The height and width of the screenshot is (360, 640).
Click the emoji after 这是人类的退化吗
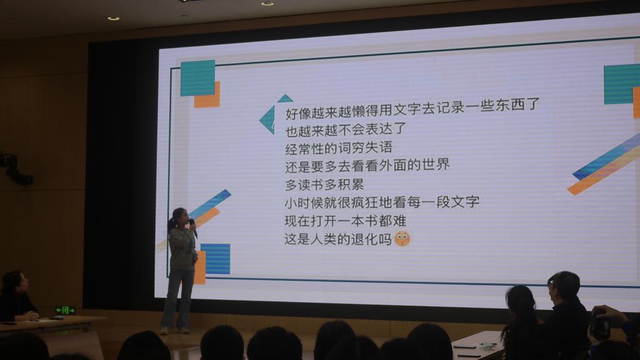[402, 239]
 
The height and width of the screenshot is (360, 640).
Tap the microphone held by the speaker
[192, 227]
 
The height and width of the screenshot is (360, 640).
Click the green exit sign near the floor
[65, 311]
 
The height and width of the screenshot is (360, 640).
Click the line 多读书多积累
[324, 184]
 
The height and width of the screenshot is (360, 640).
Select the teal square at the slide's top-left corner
[197, 77]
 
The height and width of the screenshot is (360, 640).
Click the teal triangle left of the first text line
[267, 119]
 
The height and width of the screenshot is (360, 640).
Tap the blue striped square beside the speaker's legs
[216, 259]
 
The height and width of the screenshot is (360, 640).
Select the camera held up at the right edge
[601, 327]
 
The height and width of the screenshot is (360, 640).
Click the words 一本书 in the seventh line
[358, 221]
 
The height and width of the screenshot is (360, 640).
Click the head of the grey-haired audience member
[564, 286]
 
